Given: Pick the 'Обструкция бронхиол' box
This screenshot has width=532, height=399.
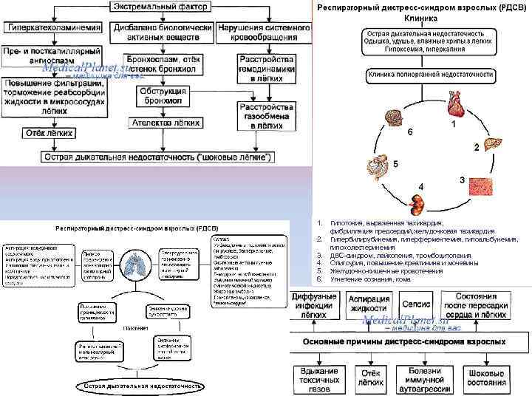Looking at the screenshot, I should click(x=166, y=95).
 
